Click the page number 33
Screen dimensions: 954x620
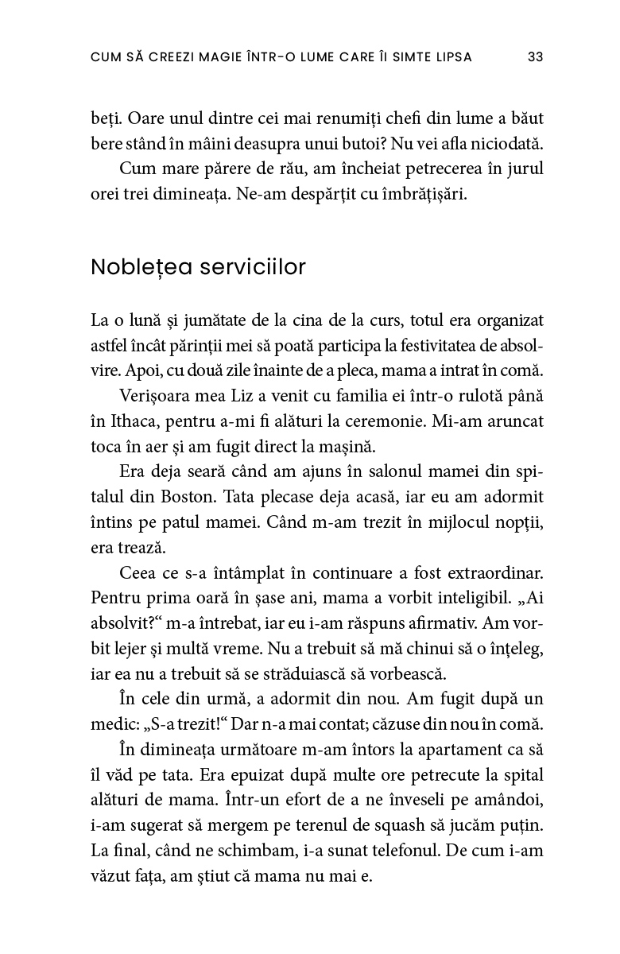coord(535,56)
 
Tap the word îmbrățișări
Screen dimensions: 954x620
coord(428,195)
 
